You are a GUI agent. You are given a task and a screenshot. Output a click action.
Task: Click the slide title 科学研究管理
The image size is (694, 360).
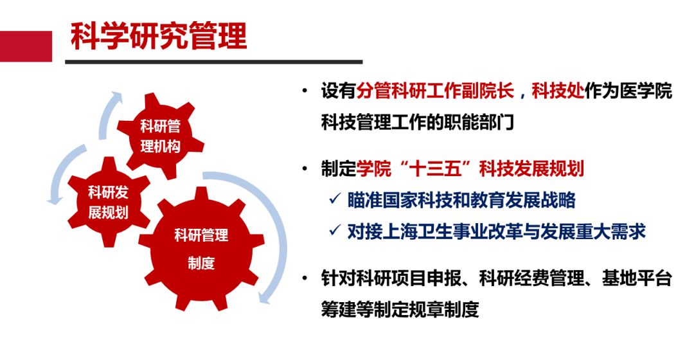pos(159,35)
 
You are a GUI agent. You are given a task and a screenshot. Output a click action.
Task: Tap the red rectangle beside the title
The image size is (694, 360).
pos(26,46)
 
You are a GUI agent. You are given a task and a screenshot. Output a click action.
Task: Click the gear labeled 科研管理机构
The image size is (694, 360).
pos(160,136)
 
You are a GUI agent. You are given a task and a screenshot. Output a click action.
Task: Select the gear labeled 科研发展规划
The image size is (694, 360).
pos(109,203)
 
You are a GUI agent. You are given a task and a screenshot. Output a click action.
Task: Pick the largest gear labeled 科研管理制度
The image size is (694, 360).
pos(201,249)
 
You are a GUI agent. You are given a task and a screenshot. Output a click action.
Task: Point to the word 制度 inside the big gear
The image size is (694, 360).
pos(201,263)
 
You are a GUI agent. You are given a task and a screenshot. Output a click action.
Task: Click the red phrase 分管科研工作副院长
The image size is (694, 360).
pos(435,91)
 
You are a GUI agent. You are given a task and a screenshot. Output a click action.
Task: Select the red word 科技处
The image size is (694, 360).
pos(558,91)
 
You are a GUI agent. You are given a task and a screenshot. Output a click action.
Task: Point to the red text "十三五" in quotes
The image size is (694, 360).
pos(434,168)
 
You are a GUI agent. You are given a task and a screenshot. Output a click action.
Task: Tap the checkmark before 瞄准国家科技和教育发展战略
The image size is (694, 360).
pos(335,199)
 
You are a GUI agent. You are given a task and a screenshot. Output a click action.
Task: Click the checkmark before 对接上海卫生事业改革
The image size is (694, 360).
pos(335,230)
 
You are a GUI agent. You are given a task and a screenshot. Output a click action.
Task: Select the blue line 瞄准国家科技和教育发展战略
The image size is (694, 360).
pos(461,200)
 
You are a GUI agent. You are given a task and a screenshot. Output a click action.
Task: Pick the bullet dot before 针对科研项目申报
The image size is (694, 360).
pos(305,278)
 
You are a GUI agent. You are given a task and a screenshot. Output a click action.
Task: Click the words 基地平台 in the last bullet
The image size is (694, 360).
pos(637,278)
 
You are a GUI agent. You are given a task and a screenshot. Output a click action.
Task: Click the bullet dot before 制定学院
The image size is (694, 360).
pos(305,168)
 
